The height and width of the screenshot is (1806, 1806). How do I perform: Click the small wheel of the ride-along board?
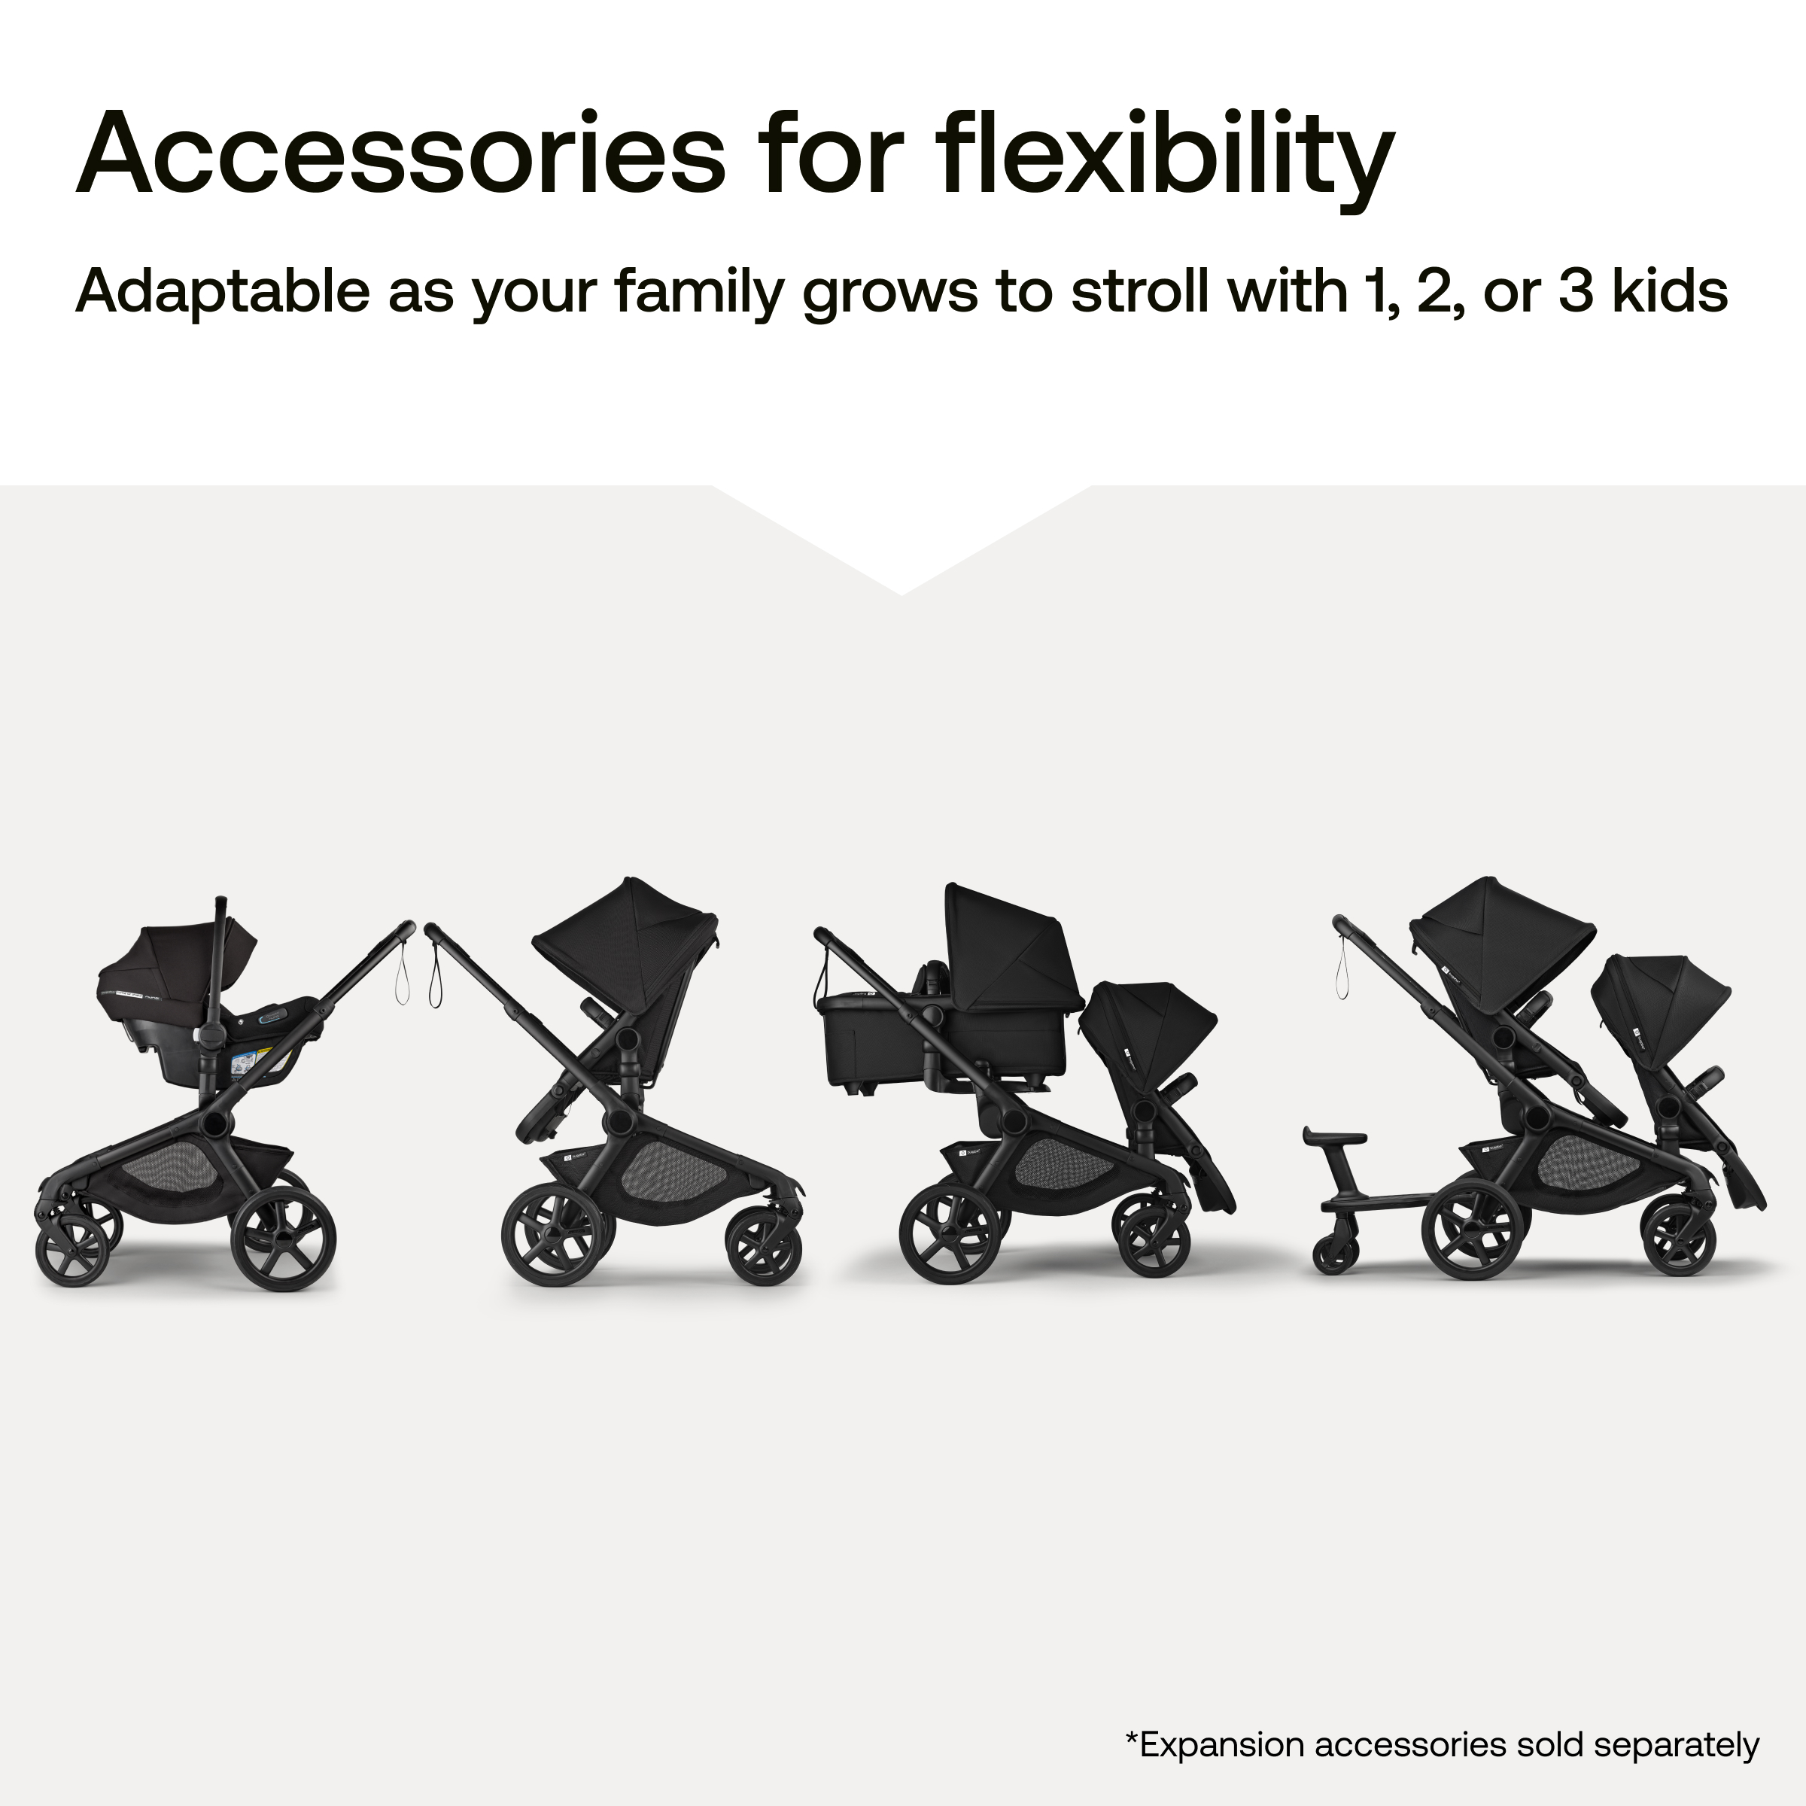[x=1335, y=1253]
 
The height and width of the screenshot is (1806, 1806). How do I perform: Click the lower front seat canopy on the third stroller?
[x=1154, y=1019]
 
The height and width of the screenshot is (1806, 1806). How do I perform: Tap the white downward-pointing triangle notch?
[x=902, y=533]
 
